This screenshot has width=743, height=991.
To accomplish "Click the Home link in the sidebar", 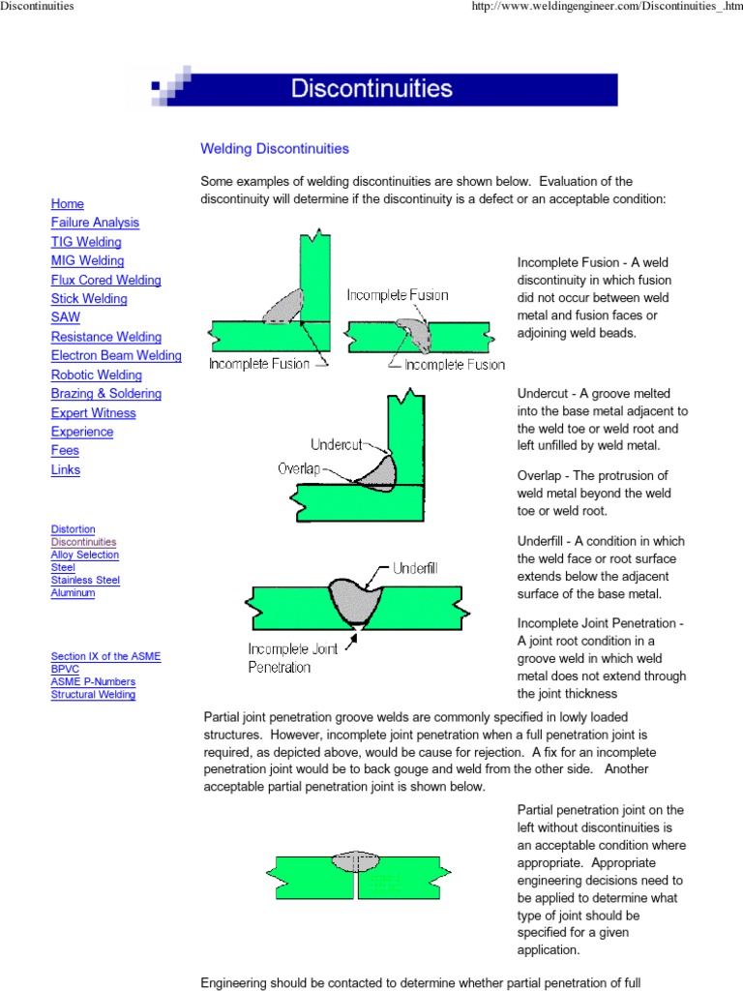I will pos(67,204).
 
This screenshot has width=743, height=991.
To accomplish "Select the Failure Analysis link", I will pos(95,223).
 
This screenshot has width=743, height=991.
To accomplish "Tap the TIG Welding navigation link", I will pos(86,242).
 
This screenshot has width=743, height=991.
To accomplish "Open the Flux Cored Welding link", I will pos(105,280).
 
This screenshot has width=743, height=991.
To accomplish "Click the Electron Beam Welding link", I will pos(116,355).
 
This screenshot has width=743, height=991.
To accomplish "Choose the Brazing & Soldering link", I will pos(105,394).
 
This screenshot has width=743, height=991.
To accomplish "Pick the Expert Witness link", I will pos(93,413).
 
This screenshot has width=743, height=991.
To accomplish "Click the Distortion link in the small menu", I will pos(73,529).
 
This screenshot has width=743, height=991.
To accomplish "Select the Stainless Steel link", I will pos(85,580).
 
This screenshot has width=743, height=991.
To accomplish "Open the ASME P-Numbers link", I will pos(93,681).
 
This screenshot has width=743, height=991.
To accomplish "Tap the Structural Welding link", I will pos(93,694).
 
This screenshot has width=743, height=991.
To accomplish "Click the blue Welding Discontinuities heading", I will pos(274,149).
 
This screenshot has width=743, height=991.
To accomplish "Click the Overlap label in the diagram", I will pos(299,469).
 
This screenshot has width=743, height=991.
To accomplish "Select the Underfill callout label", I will pos(413,569).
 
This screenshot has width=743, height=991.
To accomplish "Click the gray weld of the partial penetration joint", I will pos(356,860).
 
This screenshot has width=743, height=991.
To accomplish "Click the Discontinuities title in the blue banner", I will pos(371,89).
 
